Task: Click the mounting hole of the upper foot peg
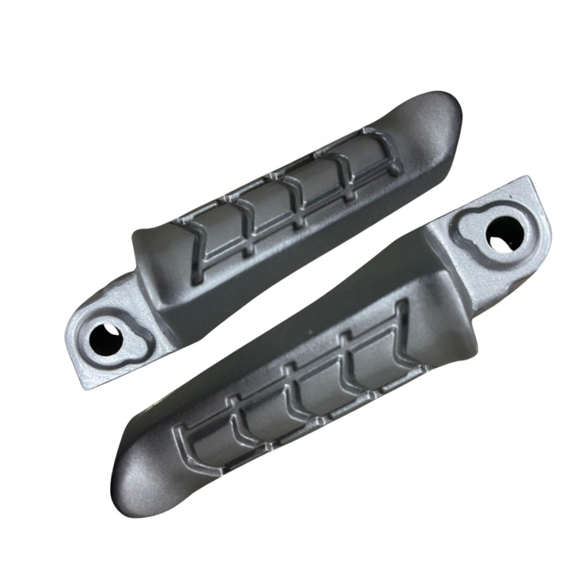coord(105,334)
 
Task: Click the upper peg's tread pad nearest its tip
coord(366,158)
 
